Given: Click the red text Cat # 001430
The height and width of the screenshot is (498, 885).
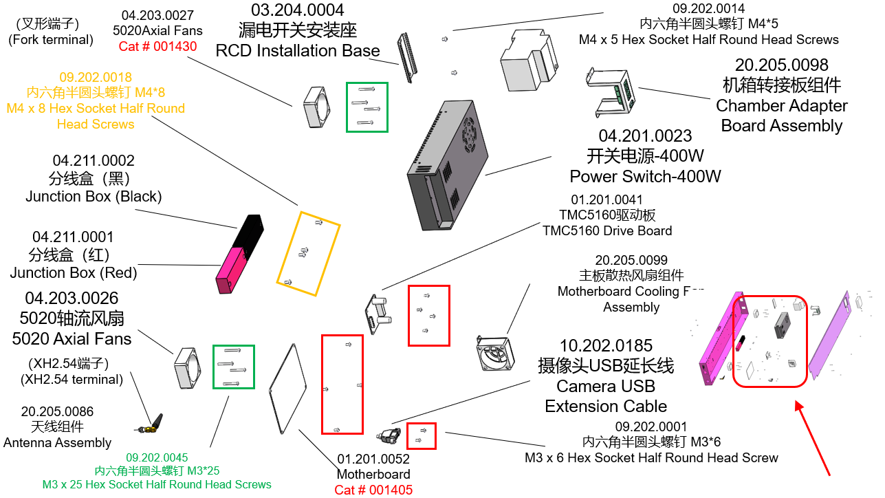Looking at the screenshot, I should coord(157,47).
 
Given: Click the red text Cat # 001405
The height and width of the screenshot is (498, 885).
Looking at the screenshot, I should coord(373,490).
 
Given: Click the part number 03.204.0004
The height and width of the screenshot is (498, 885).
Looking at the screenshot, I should coord(297,10).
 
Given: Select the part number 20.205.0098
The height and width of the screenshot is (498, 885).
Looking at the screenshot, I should coord(781,65).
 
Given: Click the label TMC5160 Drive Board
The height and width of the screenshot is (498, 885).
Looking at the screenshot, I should coord(607,230).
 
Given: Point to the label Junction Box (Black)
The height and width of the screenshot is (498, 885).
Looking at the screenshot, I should coord(94,197).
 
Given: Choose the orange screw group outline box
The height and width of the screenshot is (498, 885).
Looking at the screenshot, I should coord(308,253).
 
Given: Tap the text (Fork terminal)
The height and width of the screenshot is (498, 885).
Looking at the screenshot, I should coord(51,39).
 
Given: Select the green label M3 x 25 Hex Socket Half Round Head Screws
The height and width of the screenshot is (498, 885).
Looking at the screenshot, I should coord(157,484).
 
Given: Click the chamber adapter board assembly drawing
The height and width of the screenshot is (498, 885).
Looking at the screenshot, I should coord(614,93).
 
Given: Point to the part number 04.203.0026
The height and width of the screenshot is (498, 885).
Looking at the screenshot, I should coord(72,299).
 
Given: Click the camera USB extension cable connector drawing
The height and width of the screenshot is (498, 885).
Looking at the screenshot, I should coord(389,435).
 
